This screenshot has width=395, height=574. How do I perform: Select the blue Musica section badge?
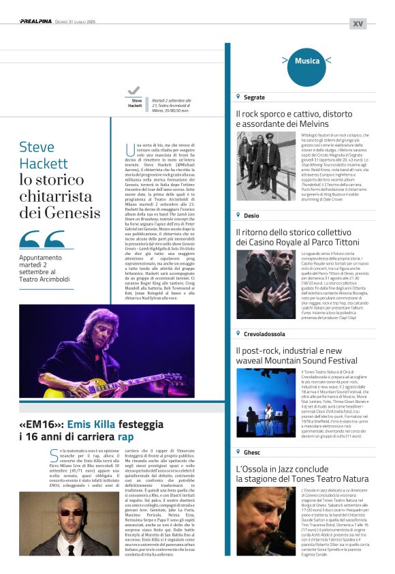[x=307, y=61]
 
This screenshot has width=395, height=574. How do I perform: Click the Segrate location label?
[x=254, y=97]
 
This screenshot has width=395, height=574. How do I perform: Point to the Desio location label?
[x=251, y=215]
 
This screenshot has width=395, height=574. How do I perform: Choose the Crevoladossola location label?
[x=265, y=333]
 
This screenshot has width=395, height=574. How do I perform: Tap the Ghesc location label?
[x=251, y=452]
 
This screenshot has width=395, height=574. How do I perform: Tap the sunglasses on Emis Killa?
[x=70, y=513]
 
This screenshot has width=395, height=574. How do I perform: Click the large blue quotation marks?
[x=42, y=239]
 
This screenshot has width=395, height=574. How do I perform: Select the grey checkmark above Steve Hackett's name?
[x=133, y=90]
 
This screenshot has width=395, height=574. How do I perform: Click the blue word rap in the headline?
[x=126, y=436]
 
